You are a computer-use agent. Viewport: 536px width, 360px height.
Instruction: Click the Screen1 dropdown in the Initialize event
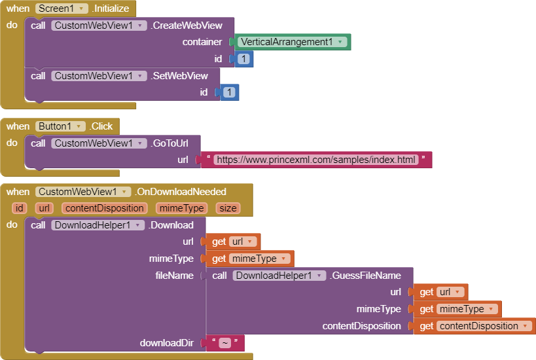coord(62,9)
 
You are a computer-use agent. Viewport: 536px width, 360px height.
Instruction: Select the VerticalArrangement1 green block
coord(292,42)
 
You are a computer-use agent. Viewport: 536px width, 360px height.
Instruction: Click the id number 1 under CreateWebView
coord(243,59)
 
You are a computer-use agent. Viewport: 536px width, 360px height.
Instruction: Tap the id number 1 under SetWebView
coord(229,92)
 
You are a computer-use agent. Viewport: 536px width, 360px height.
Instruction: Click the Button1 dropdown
coord(60,126)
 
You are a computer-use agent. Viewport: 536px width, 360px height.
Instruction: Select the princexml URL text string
coord(316,160)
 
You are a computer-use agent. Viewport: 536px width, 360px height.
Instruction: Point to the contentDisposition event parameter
coord(104,208)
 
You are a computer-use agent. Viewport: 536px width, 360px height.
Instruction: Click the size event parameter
coord(228,208)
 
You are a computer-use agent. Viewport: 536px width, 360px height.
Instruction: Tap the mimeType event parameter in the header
coord(181,208)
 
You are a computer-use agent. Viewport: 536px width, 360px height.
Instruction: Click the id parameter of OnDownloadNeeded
coord(20,208)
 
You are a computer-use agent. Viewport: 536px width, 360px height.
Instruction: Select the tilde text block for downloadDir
coord(224,343)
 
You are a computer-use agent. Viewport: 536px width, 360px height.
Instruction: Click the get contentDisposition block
coord(474,326)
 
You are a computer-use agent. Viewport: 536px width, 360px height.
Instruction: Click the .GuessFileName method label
coord(365,276)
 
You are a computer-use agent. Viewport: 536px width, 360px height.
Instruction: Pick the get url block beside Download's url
coord(233,242)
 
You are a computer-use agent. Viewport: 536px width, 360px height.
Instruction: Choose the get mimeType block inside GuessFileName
coord(454,309)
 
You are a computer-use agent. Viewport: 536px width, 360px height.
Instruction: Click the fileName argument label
coord(174,276)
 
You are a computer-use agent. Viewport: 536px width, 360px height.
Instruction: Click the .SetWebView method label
coord(179,76)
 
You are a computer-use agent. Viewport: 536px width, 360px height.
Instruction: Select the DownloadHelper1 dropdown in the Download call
coord(98,225)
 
